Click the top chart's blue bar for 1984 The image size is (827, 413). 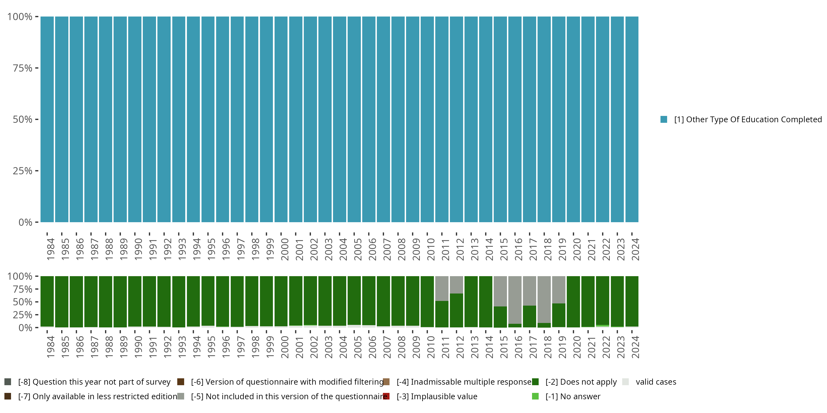coord(47,119)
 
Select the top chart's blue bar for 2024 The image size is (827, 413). coord(632,119)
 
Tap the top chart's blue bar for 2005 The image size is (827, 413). coord(354,119)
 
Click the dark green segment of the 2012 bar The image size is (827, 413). coord(456,310)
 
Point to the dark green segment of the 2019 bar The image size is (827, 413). coord(559,315)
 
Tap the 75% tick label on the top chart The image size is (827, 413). coord(23,68)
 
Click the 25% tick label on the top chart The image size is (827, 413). coord(23,171)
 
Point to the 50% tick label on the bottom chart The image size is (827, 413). coord(23,302)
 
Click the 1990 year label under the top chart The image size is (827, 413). coord(138,249)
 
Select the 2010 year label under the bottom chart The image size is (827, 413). coord(431,347)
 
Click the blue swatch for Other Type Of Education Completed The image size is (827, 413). coord(664,119)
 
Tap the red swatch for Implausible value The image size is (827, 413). coord(386,396)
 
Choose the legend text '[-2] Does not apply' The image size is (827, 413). coord(581,382)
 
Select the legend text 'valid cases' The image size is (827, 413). coord(656,382)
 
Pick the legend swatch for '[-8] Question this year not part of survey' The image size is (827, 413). coord(8,382)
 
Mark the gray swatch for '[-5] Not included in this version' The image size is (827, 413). coord(181,396)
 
